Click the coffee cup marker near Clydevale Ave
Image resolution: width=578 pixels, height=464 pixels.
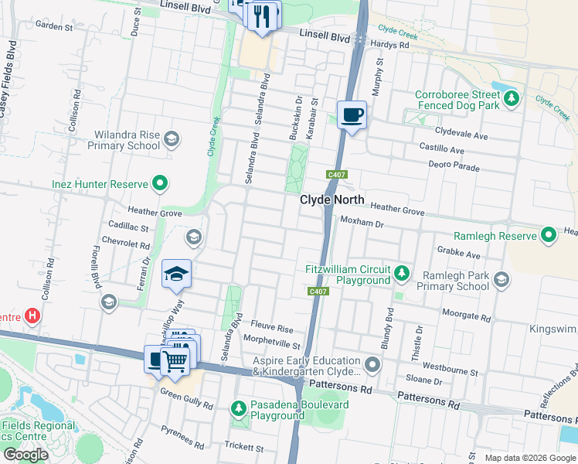[x=352, y=115]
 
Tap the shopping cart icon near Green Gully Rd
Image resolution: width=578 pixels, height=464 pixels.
[x=175, y=360]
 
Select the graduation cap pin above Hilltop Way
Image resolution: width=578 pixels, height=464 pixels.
[x=176, y=273]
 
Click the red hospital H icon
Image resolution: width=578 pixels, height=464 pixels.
[x=32, y=316]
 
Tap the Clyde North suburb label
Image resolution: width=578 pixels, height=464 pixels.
[x=331, y=200]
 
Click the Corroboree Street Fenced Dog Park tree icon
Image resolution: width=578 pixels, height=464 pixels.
[x=510, y=98]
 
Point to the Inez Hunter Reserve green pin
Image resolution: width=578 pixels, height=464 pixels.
[x=160, y=184]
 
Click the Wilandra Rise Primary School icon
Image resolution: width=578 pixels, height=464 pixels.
[x=172, y=139]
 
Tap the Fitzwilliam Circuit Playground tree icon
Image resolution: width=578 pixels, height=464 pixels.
[x=401, y=272]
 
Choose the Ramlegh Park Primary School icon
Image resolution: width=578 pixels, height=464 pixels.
[x=501, y=279]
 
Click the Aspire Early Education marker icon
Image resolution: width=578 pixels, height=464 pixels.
[x=373, y=363]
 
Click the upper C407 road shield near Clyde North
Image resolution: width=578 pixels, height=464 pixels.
[x=335, y=174]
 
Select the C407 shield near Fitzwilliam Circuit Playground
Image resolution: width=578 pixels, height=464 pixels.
[x=318, y=292]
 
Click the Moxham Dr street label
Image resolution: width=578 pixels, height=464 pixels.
[x=362, y=222]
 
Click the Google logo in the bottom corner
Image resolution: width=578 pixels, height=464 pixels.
[x=25, y=455]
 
